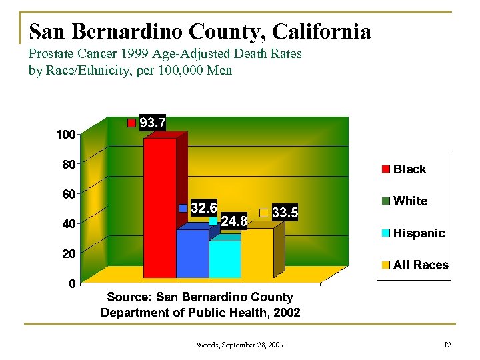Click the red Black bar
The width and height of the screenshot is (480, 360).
[x=160, y=207]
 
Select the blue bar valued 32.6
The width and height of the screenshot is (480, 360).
[x=192, y=253]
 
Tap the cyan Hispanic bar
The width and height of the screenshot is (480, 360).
[x=225, y=259]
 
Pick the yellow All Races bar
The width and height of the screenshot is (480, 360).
[x=257, y=253]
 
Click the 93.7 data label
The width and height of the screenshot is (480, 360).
[x=153, y=123]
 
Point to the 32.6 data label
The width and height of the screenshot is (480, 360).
[x=203, y=208]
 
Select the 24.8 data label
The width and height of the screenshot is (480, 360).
[x=234, y=221]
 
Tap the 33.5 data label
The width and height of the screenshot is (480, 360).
[x=285, y=213]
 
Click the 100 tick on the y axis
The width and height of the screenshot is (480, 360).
[x=65, y=135]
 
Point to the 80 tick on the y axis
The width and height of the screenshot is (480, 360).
[x=68, y=163]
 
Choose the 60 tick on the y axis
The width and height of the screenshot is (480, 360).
[x=68, y=194]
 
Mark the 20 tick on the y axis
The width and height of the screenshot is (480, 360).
[x=68, y=254]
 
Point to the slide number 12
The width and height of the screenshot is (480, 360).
[x=448, y=345]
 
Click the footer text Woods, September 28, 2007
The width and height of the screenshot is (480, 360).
[x=240, y=345]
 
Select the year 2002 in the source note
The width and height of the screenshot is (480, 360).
[x=285, y=312]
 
